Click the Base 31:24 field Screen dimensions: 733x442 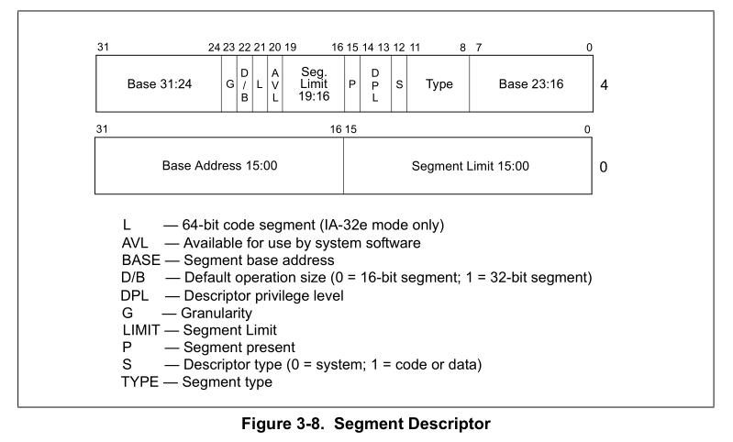coord(159,84)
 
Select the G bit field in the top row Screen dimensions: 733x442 coord(229,84)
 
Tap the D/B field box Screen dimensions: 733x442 coord(244,84)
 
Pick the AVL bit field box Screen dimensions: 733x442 coord(274,84)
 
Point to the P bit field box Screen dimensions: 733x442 coord(351,84)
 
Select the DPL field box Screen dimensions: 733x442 coord(375,84)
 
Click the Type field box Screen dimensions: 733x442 coord(439,84)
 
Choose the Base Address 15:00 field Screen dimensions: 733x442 coord(219,166)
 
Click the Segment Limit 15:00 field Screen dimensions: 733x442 coord(470,166)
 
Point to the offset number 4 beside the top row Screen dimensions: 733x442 coord(604,85)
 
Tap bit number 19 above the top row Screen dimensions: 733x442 coord(291,47)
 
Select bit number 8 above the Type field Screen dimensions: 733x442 coord(462,47)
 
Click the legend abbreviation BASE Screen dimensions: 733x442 coord(140,260)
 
